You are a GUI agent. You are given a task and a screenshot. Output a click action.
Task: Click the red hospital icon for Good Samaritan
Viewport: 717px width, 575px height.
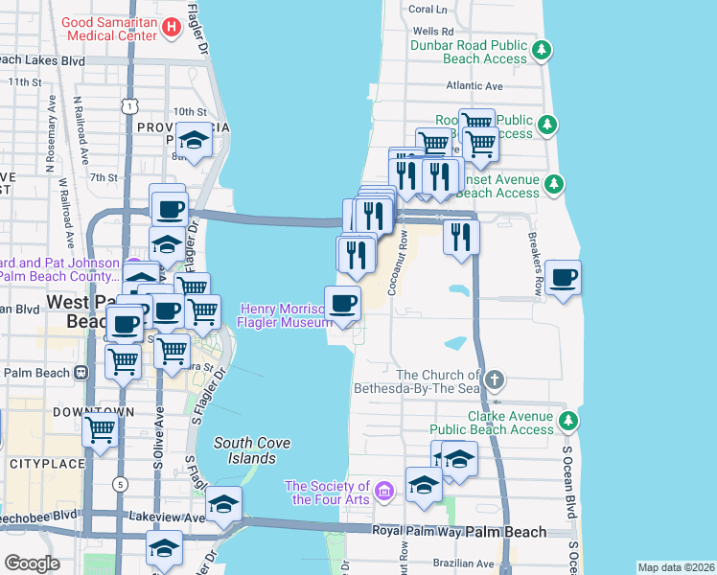(172, 28)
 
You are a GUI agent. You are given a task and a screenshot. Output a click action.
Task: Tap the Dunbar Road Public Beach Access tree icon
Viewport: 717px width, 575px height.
(543, 49)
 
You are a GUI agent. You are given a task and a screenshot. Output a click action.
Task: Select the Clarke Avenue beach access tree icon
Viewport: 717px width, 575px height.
(567, 420)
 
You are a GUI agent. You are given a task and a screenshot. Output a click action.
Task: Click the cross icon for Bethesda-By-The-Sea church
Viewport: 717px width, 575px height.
(494, 379)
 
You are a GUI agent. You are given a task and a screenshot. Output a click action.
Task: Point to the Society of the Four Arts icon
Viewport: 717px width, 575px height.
(384, 492)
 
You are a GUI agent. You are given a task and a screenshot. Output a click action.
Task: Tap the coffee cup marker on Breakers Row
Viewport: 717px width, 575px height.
(563, 279)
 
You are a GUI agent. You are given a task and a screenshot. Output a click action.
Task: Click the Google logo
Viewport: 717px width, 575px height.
(33, 563)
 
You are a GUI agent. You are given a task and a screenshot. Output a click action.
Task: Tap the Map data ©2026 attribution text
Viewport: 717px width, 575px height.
(676, 567)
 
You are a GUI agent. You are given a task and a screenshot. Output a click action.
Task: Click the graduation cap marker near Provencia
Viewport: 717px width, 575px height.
(194, 141)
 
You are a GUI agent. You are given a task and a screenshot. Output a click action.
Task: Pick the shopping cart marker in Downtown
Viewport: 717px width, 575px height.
(101, 431)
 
